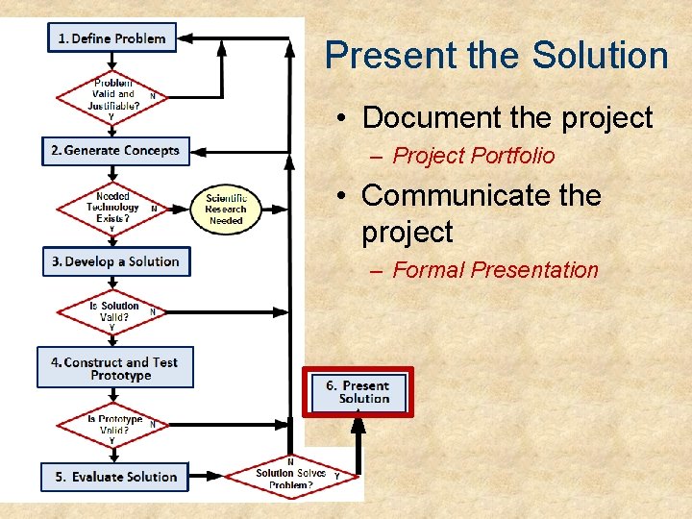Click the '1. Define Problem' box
point(111,38)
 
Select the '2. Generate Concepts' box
point(116,151)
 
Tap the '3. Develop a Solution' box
point(116,261)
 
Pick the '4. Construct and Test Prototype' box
point(115,368)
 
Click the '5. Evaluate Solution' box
point(115,477)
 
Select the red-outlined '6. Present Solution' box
point(358,392)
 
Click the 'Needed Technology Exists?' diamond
point(113,208)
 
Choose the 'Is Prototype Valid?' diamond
point(113,425)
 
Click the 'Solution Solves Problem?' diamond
point(291,475)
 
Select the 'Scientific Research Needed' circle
point(226,209)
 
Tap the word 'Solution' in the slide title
point(567,56)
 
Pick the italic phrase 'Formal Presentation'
point(495,270)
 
